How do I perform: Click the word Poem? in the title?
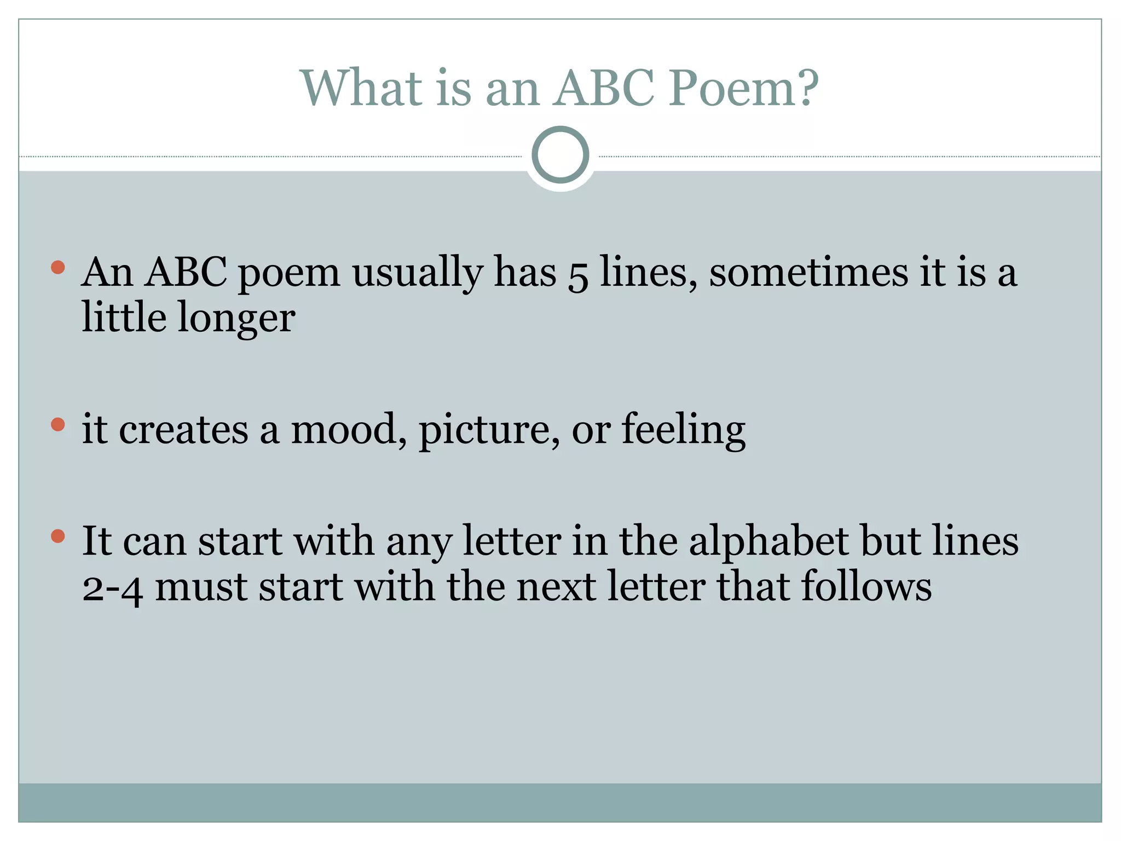click(744, 89)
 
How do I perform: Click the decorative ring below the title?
click(560, 155)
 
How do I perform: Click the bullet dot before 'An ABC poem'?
click(58, 268)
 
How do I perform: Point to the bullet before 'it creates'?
click(58, 425)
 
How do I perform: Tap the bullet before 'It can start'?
click(58, 536)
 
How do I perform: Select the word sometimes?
click(808, 272)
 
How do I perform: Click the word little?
click(124, 318)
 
